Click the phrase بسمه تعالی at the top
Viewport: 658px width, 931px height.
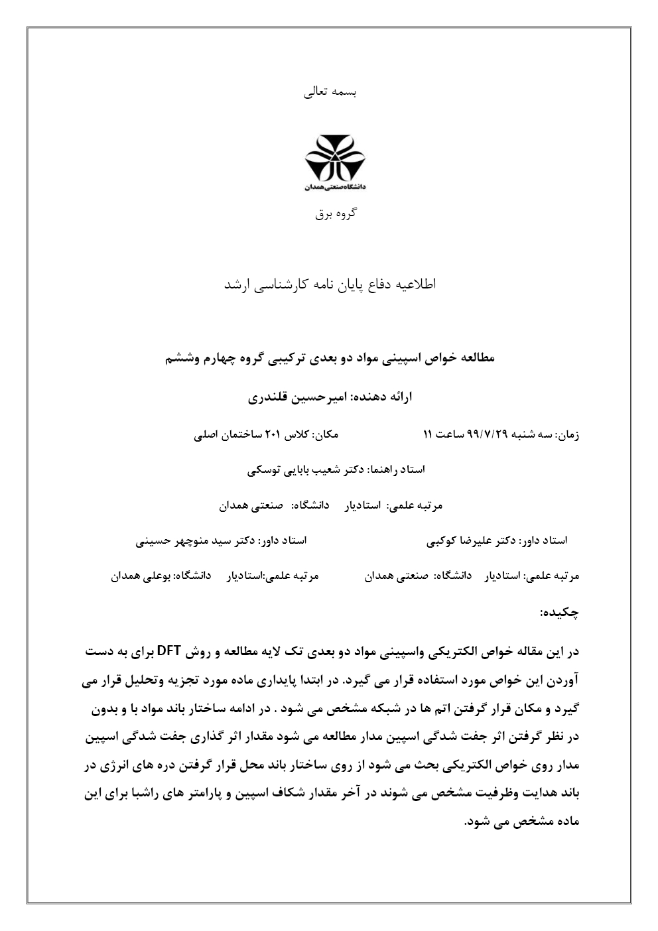pos(330,92)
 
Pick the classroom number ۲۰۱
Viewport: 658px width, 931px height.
pos(273,435)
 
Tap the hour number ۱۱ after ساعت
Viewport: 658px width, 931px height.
pos(428,435)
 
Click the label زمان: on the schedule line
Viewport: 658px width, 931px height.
pos(569,435)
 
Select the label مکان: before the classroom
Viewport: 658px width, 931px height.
pos(326,435)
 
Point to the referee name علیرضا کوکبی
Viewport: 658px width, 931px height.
pos(458,541)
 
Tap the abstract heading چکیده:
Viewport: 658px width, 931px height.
pos(560,612)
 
